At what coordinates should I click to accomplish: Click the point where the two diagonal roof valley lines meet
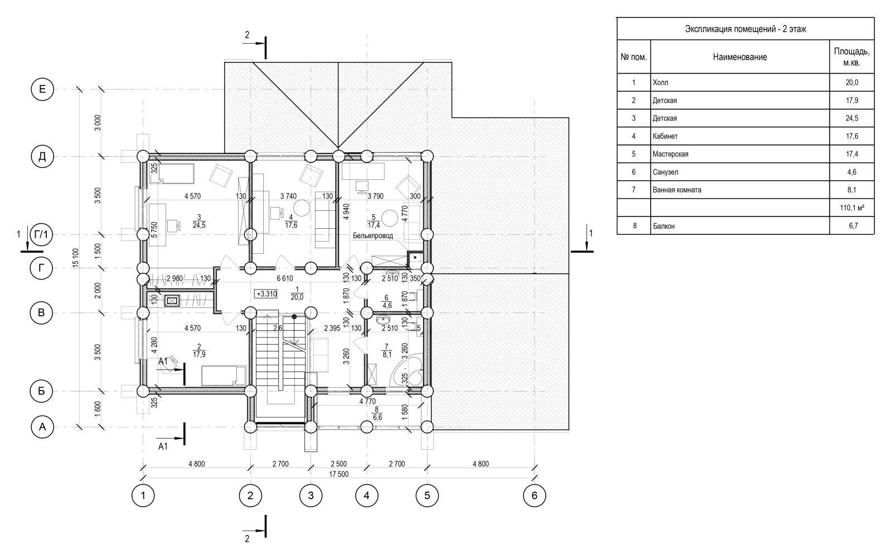[x=338, y=148]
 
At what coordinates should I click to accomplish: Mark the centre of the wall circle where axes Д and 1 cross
[x=143, y=156]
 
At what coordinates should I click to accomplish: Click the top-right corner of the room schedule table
[x=874, y=17]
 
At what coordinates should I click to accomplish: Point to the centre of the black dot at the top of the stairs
[x=294, y=317]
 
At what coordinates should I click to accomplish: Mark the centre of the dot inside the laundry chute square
[x=415, y=257]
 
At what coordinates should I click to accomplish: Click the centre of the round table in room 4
[x=302, y=208]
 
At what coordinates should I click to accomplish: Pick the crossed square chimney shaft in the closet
[x=172, y=301]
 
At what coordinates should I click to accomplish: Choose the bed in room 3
[x=172, y=174]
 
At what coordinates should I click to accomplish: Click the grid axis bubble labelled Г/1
[x=41, y=235]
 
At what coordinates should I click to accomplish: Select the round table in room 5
[x=390, y=218]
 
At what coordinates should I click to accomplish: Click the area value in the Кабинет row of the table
[x=852, y=136]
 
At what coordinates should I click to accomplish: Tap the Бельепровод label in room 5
[x=373, y=235]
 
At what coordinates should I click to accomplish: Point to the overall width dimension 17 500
[x=338, y=474]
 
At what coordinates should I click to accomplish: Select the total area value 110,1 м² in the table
[x=852, y=208]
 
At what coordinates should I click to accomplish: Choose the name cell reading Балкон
[x=663, y=226]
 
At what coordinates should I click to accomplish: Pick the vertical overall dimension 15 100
[x=76, y=257]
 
